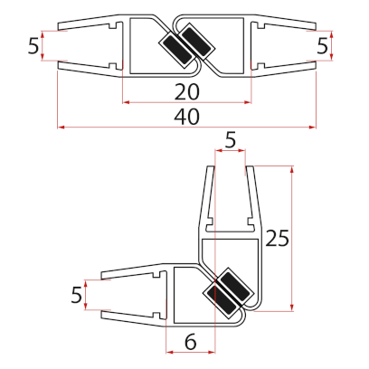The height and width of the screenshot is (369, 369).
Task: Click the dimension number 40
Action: point(187,117)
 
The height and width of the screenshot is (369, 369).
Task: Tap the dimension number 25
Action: point(279,237)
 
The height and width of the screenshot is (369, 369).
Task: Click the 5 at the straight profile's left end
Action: point(33,47)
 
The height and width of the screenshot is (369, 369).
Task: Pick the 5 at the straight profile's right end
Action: point(323,45)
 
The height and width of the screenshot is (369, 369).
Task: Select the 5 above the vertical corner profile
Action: point(230,140)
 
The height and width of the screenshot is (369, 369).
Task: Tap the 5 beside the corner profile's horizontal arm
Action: point(76,295)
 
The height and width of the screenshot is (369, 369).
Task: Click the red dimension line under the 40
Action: point(187,128)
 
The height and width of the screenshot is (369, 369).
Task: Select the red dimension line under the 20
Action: point(188,101)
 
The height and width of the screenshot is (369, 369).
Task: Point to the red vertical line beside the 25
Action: point(293,237)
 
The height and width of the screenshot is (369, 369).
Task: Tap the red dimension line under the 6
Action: point(191,351)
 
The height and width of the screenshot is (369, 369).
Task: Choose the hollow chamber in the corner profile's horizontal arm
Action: point(186,294)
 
